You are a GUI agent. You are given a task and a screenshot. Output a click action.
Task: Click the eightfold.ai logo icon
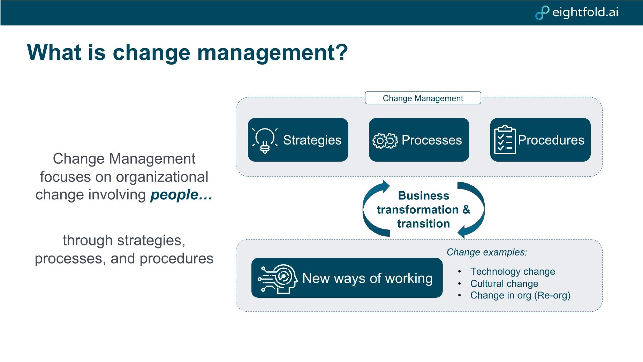(x=542, y=13)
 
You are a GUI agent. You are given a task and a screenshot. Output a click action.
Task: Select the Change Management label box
(x=423, y=98)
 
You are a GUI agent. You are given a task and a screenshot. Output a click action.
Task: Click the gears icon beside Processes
(x=385, y=141)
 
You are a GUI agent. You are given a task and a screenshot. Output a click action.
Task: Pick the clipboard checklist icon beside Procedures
(x=505, y=140)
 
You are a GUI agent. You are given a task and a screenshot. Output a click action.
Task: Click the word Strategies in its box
(x=312, y=140)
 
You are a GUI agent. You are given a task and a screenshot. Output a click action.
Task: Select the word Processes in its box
(x=432, y=140)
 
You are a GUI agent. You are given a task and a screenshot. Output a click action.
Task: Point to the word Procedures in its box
(x=551, y=140)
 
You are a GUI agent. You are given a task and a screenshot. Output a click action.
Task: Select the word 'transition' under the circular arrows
(x=423, y=223)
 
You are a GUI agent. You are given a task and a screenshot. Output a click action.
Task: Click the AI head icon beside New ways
(x=278, y=278)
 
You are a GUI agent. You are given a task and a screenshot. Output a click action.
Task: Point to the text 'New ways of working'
(x=367, y=278)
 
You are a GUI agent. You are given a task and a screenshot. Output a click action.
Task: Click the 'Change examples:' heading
(x=487, y=252)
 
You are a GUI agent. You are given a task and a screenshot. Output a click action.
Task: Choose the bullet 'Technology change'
(x=512, y=271)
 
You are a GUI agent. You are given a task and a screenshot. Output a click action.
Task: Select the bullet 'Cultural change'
(x=504, y=283)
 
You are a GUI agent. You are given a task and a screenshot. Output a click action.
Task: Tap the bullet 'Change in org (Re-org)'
(x=520, y=295)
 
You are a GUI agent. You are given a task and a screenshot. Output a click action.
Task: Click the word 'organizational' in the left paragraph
(x=162, y=177)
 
